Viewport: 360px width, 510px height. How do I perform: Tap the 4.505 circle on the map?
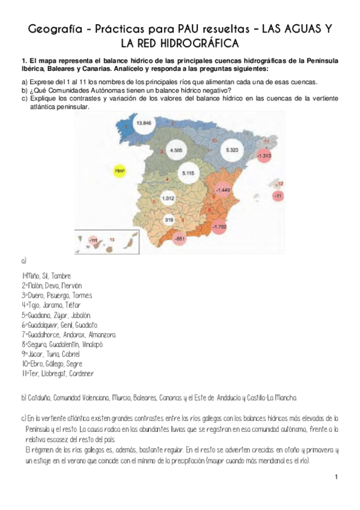point(176,150)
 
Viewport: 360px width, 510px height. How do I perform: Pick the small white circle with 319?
point(169,220)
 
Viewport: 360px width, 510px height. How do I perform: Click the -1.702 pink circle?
point(219,227)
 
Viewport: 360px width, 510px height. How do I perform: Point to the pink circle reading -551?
point(178,238)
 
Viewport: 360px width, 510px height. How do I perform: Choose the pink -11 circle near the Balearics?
point(278,196)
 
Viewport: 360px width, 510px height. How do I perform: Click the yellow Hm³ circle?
point(119,171)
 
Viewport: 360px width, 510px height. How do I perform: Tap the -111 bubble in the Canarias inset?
point(93,240)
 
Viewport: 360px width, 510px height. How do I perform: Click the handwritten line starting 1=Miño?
point(45,276)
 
